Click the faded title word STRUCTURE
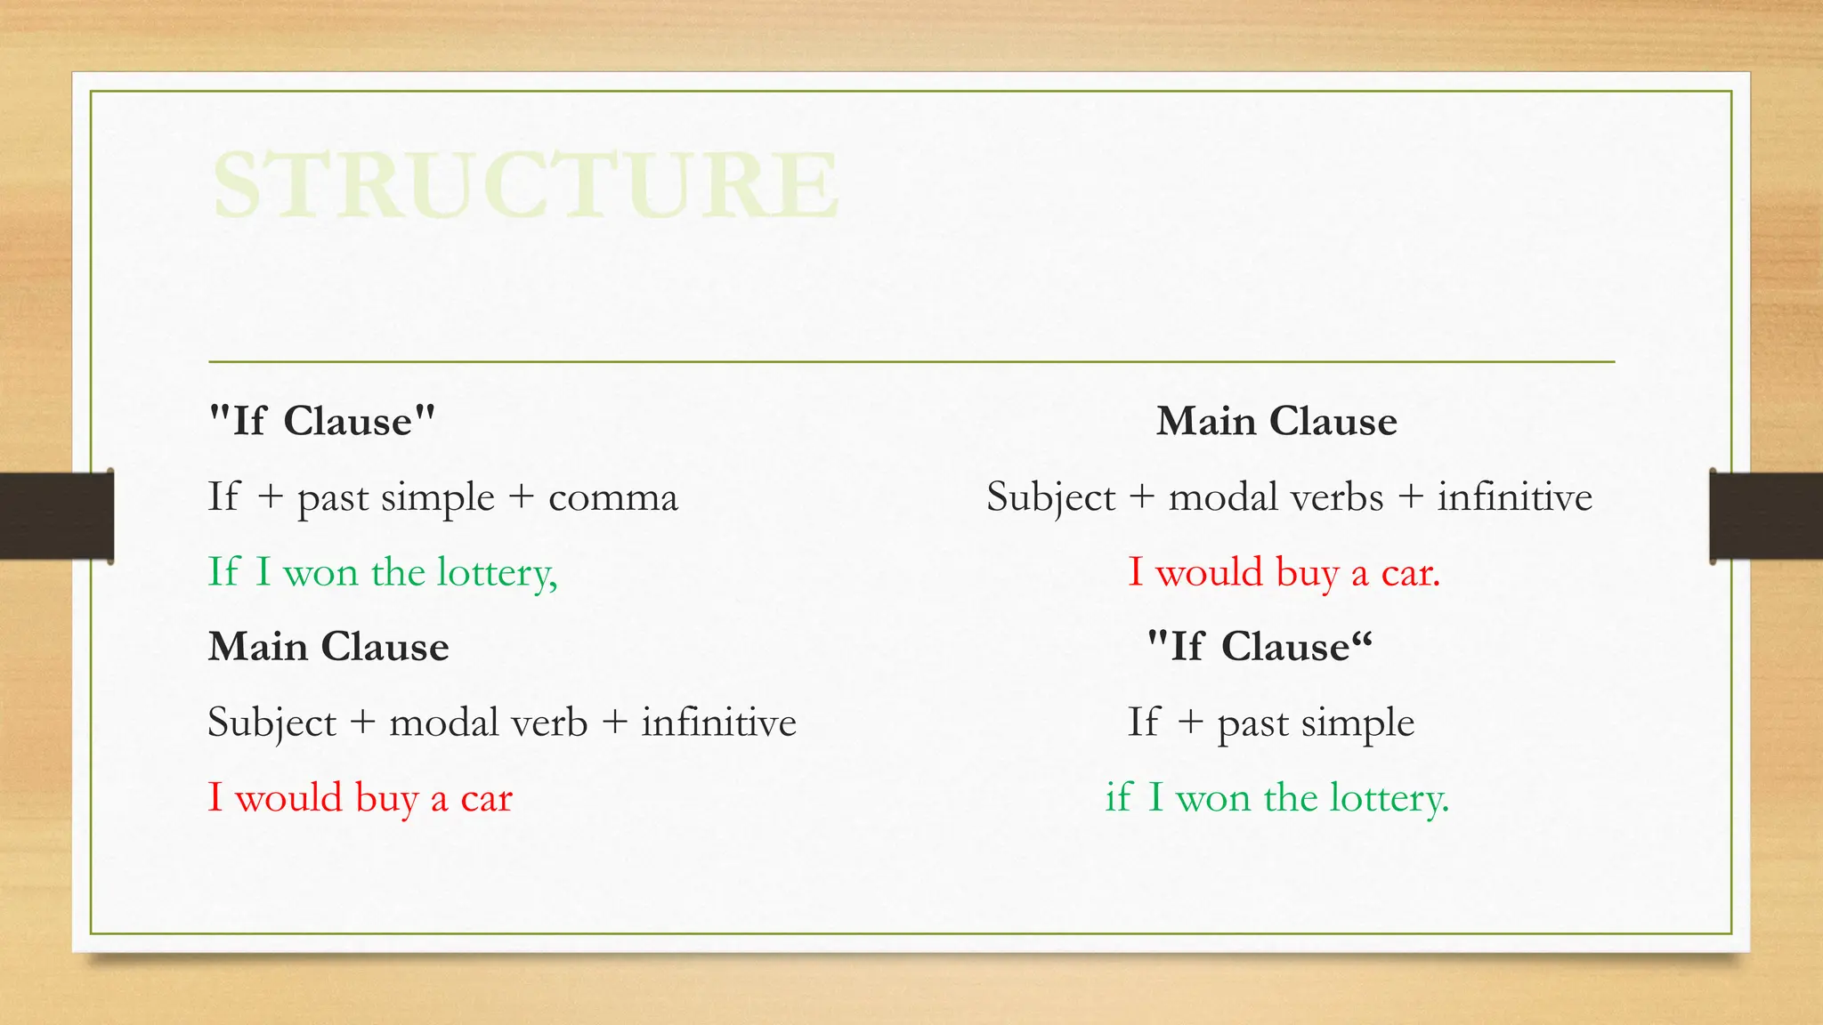coord(525,184)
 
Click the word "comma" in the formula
coord(613,497)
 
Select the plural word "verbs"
coord(1345,497)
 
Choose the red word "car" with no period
coord(486,798)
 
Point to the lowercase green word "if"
coord(1117,798)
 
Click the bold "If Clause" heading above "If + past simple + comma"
coord(321,421)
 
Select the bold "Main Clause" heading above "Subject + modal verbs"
coord(1276,421)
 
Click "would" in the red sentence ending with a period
coord(1209,573)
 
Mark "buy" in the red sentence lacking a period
coord(385,798)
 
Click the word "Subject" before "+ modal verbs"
coord(1050,497)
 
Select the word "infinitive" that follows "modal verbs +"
coord(1514,497)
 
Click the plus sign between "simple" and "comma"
coord(522,497)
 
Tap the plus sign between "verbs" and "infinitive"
coord(1411,497)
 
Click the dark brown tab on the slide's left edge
coord(56,516)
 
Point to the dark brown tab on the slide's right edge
coord(1766,516)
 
